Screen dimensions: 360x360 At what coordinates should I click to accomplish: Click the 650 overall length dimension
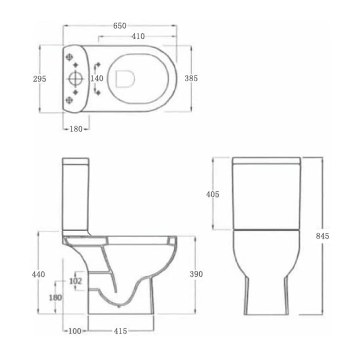tap(120, 26)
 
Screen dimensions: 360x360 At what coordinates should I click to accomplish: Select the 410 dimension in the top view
tap(138, 37)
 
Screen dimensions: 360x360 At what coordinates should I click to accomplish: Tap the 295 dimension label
tap(39, 79)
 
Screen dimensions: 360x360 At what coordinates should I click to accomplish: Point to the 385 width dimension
tap(191, 78)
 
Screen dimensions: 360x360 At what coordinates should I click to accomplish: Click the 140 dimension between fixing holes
tap(97, 78)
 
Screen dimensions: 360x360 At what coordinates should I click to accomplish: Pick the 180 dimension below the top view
tap(76, 129)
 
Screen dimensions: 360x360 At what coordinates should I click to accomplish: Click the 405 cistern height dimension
tap(212, 194)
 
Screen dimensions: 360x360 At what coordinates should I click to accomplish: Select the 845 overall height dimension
tap(322, 236)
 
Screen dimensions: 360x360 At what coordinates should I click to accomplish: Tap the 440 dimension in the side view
tap(38, 274)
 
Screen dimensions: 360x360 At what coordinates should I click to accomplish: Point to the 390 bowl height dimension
tap(196, 274)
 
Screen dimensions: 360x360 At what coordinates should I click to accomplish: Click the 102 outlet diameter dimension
tap(76, 281)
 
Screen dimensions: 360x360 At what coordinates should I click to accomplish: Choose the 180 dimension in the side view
tap(55, 298)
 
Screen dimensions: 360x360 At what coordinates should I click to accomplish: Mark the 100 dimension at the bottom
tap(75, 331)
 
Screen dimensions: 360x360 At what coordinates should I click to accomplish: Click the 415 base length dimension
tap(121, 331)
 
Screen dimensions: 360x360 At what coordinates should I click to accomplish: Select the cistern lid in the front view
tap(266, 161)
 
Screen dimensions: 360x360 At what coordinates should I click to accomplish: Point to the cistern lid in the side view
tap(76, 161)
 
